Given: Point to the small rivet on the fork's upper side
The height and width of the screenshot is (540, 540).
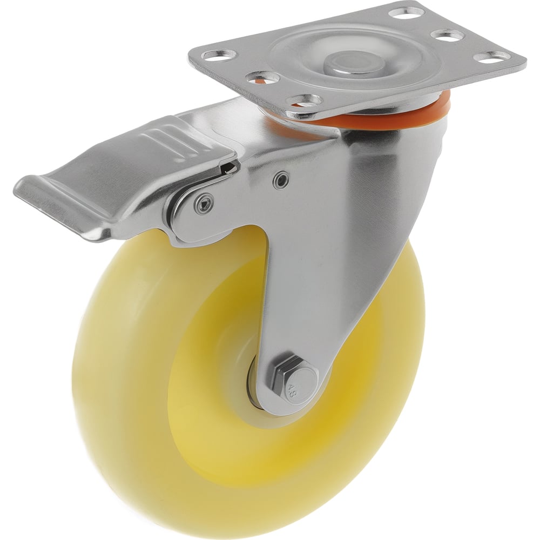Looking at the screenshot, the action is click(282, 179).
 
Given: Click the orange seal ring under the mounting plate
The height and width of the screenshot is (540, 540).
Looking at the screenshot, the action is click(362, 113).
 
